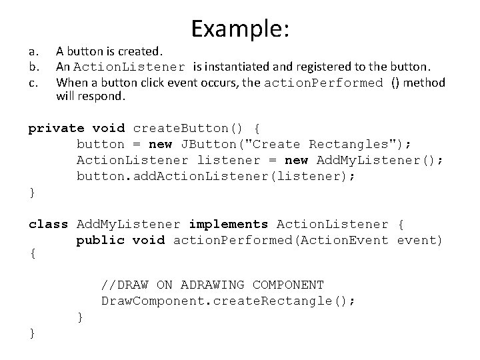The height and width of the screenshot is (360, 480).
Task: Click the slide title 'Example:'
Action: click(x=239, y=28)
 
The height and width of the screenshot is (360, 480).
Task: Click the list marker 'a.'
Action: click(x=33, y=50)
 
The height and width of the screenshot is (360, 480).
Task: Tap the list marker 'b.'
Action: click(x=33, y=66)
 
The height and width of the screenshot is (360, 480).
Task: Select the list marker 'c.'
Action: click(x=33, y=82)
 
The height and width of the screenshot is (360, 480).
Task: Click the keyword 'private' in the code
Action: click(x=56, y=128)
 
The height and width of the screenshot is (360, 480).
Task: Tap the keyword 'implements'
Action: click(x=229, y=224)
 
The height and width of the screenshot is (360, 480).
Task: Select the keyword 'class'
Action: click(x=48, y=224)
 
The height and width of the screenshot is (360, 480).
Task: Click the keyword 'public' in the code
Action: click(x=100, y=240)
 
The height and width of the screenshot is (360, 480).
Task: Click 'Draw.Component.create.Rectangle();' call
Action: click(x=228, y=301)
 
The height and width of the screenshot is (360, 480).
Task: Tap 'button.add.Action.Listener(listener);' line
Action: click(x=217, y=176)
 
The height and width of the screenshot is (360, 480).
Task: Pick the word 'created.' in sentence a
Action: click(x=143, y=50)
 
